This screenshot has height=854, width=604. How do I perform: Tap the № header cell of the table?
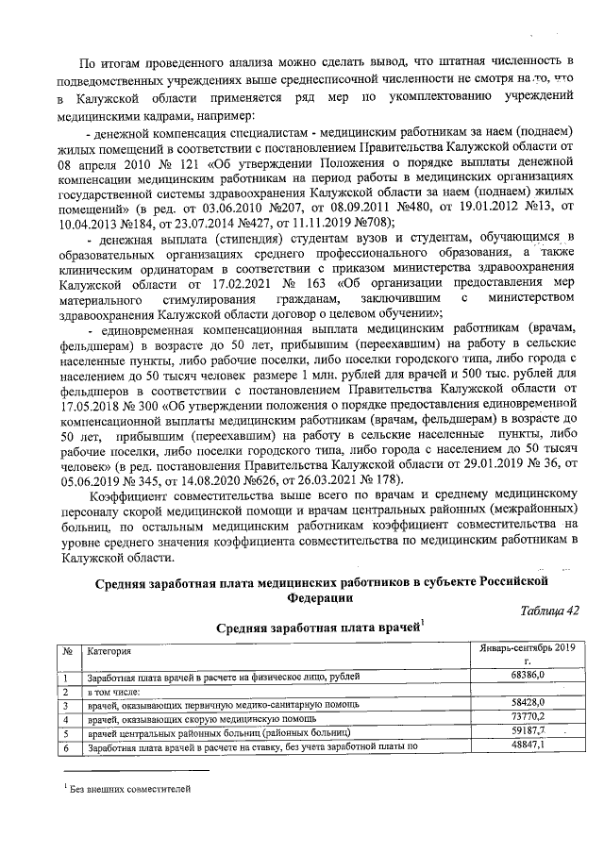(68, 652)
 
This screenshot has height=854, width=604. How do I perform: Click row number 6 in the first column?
(66, 746)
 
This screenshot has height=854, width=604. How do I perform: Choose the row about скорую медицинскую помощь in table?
(189, 718)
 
